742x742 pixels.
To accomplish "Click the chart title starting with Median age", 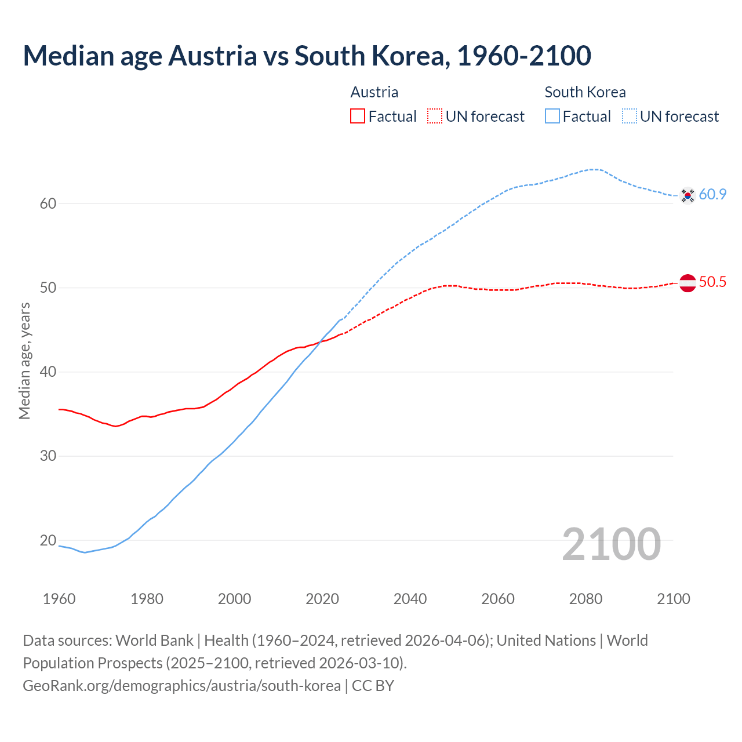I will coord(307,56).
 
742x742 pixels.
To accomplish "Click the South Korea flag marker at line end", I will coord(688,196).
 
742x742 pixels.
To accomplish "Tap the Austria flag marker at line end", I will coord(688,283).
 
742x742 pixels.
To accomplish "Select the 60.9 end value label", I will coord(712,195).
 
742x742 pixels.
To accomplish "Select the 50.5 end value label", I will coord(712,282).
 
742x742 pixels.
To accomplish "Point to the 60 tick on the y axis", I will coord(48,203).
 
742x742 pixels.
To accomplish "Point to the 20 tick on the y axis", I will coord(48,540).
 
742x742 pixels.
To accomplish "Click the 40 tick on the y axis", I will coord(48,372).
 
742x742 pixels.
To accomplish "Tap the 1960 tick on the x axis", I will coord(59,599).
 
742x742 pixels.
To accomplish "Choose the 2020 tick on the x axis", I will coord(322,599).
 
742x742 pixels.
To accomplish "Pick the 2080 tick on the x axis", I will coord(585,599).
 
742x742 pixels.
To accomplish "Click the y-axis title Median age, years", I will coord(24,361).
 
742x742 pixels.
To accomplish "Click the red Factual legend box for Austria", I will coord(358,117).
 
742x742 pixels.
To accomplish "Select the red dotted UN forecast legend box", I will coord(435,117).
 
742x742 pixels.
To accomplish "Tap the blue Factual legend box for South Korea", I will coord(552,117).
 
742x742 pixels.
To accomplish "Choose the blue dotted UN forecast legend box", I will coord(630,117).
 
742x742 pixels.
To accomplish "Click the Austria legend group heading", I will coord(374,92).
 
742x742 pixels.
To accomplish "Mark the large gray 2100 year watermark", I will coord(611,544).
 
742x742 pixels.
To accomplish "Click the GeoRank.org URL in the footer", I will coord(181,686).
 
